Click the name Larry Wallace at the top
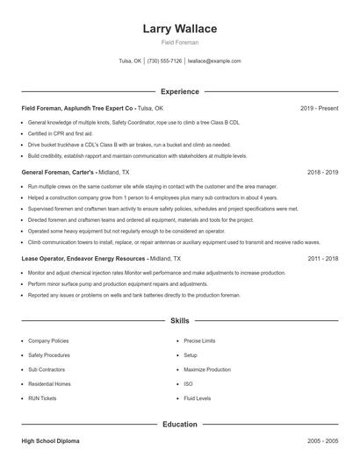[x=180, y=29]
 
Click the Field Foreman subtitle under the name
[x=180, y=42]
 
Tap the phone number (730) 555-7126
[x=165, y=61]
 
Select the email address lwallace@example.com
[x=214, y=61]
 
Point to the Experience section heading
[x=180, y=91]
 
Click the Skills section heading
[x=180, y=322]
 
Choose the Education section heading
[x=180, y=425]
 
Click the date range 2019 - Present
[x=319, y=108]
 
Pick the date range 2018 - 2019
[x=323, y=174]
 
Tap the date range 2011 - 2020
[x=323, y=260]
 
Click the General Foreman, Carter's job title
[x=57, y=174]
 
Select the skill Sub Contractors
[x=46, y=369]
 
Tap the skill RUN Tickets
[x=42, y=398]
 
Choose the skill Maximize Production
[x=207, y=369]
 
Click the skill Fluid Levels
[x=197, y=398]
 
